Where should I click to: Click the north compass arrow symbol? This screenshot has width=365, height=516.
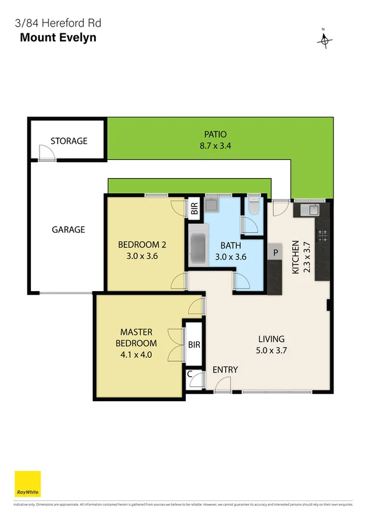pyautogui.click(x=325, y=39)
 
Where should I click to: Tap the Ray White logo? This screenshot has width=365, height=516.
pyautogui.click(x=27, y=484)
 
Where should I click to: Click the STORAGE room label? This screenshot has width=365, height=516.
pyautogui.click(x=69, y=141)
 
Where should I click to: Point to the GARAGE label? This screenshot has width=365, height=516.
pyautogui.click(x=68, y=230)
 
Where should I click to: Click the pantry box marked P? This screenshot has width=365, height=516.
pyautogui.click(x=275, y=252)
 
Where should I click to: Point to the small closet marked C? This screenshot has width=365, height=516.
pyautogui.click(x=191, y=374)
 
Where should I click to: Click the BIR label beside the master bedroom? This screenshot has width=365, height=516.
pyautogui.click(x=194, y=345)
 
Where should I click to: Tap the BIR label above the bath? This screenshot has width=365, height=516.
pyautogui.click(x=194, y=211)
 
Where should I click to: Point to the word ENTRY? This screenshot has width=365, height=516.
pyautogui.click(x=225, y=370)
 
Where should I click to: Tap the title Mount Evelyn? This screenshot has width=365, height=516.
pyautogui.click(x=58, y=37)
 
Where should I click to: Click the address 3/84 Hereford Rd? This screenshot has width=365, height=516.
pyautogui.click(x=58, y=24)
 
